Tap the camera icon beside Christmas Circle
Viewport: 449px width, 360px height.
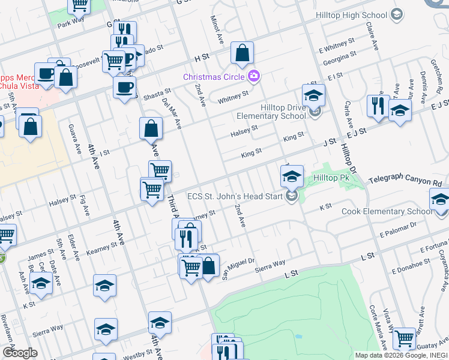(x=253, y=76)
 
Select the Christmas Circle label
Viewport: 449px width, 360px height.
(x=214, y=77)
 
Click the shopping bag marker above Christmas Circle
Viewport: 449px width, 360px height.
(x=242, y=54)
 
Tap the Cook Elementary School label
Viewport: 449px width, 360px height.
(x=387, y=211)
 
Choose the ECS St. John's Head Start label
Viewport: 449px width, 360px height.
(x=236, y=196)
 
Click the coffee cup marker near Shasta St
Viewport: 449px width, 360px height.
(x=124, y=87)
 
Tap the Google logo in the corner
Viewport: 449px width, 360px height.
(x=19, y=353)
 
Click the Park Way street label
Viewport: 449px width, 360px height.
(x=71, y=23)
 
